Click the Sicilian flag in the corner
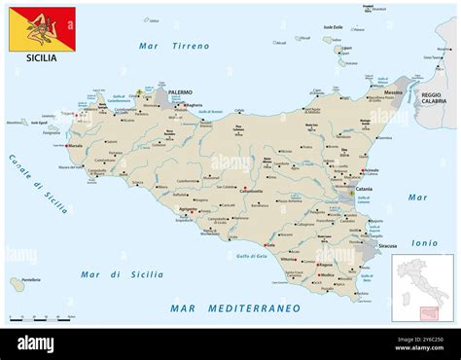pos(42,28)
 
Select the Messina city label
pos(393,92)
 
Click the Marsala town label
pos(75,146)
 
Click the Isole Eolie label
pos(333,26)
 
